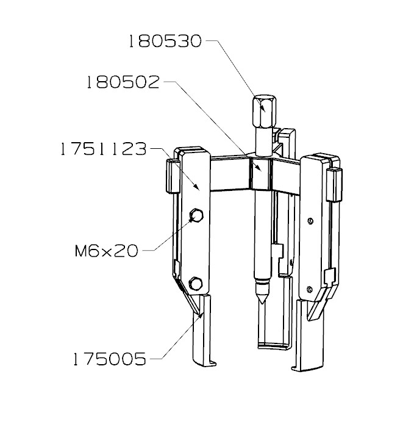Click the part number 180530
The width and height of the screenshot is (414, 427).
point(164,41)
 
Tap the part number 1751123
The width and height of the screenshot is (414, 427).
point(104,149)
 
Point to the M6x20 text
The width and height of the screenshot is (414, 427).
point(106,250)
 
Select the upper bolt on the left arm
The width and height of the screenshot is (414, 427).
point(196,215)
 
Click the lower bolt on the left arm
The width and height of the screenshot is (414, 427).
point(195,284)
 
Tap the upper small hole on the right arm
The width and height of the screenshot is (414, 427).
point(310,221)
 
